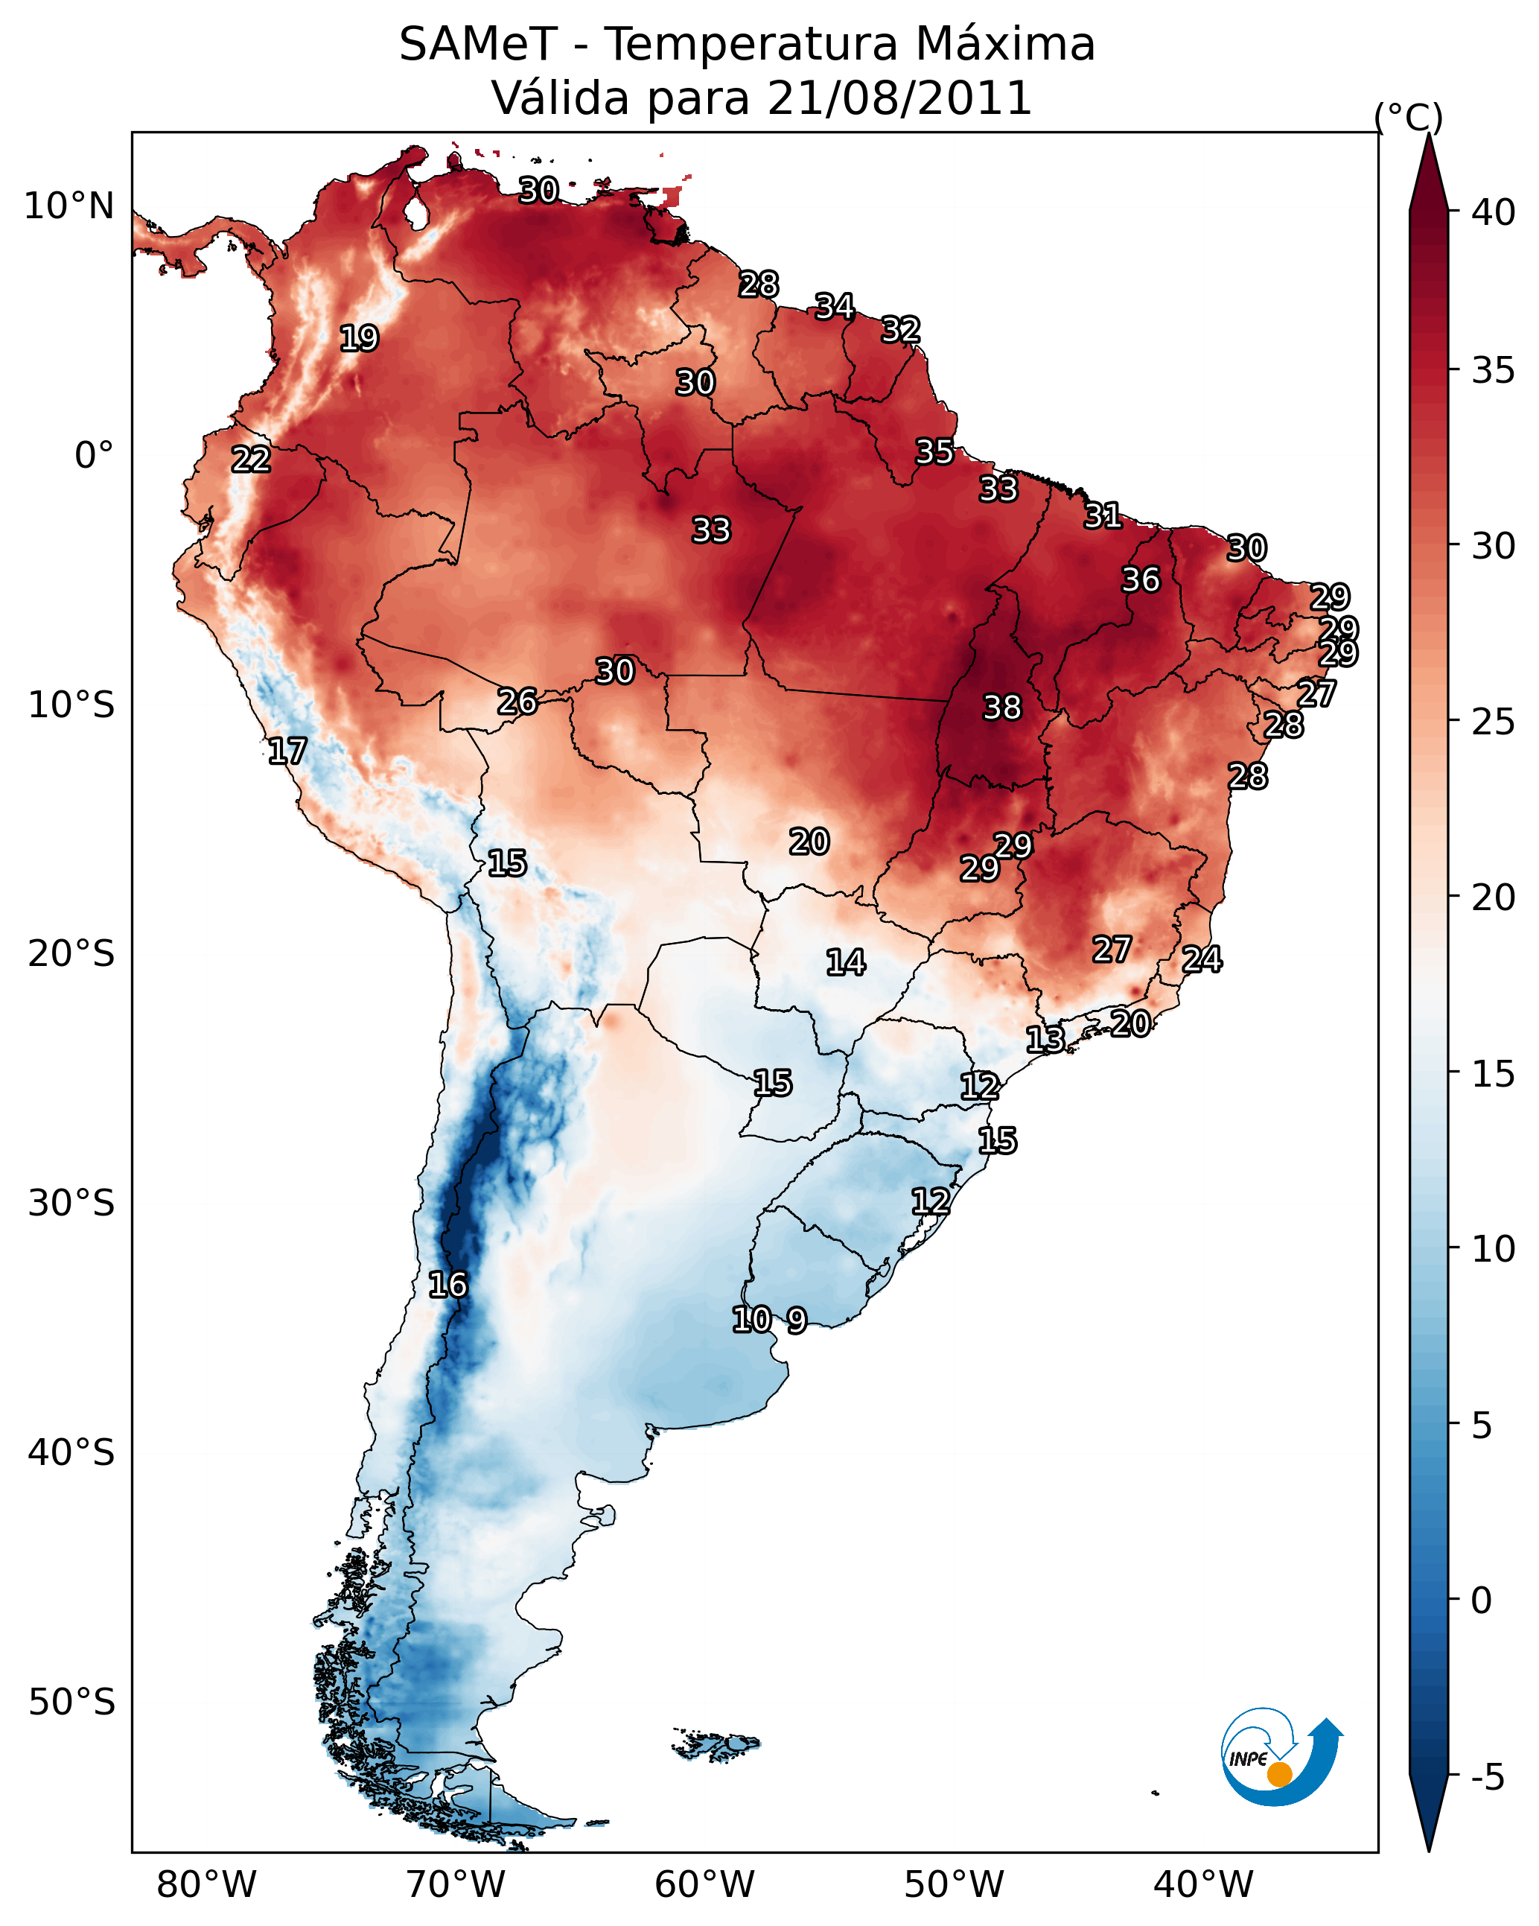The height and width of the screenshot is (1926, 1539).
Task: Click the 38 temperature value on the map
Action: pyautogui.click(x=1001, y=708)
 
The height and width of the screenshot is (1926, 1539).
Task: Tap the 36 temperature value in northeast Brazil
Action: pyautogui.click(x=1141, y=579)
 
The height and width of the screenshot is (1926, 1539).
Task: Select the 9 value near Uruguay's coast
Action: pyautogui.click(x=797, y=1320)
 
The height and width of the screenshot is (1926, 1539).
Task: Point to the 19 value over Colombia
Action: pyautogui.click(x=359, y=339)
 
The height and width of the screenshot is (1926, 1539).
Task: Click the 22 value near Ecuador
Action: pyautogui.click(x=251, y=460)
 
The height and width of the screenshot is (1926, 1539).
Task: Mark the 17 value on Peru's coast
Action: pyautogui.click(x=287, y=751)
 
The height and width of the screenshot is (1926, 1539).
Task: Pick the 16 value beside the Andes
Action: pyautogui.click(x=447, y=1285)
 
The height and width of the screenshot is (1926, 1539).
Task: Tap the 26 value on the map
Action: pyautogui.click(x=517, y=702)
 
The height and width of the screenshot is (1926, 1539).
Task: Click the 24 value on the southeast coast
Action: pyautogui.click(x=1202, y=959)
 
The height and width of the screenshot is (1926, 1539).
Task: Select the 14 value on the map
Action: pyautogui.click(x=845, y=962)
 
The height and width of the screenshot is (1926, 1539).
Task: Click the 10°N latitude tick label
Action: pyautogui.click(x=68, y=206)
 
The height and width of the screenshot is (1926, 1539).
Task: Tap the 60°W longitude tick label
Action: pyautogui.click(x=705, y=1884)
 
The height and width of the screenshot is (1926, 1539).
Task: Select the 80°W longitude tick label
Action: pyautogui.click(x=206, y=1884)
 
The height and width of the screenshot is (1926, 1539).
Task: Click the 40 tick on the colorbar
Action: pyautogui.click(x=1494, y=212)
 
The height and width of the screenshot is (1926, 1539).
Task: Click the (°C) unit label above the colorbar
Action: pyautogui.click(x=1408, y=117)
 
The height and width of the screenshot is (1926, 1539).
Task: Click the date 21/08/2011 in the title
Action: pyautogui.click(x=899, y=98)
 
